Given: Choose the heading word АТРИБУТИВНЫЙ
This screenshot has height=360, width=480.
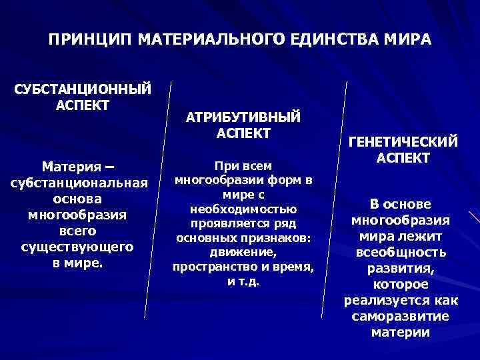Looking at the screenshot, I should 243,117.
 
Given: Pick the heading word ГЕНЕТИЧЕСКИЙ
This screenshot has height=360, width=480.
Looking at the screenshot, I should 403,141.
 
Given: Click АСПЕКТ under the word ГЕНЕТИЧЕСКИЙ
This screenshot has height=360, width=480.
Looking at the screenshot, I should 403,158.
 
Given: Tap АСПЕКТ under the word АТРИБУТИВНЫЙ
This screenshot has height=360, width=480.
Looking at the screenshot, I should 243,133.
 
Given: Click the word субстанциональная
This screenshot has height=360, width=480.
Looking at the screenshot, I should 79,182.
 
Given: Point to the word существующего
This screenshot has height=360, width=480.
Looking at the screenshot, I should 79,247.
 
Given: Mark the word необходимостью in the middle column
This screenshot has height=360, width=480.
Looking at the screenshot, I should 243,209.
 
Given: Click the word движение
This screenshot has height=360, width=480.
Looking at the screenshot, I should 243,253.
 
